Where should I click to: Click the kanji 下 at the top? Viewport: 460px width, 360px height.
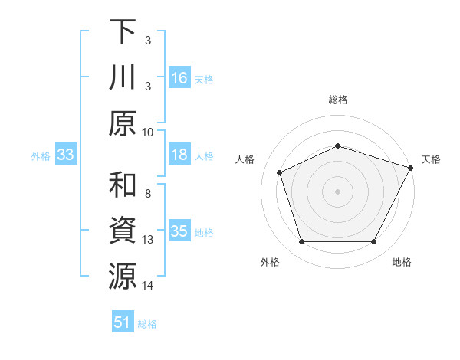click(x=123, y=32)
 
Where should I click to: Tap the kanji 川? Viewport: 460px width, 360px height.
click(x=123, y=79)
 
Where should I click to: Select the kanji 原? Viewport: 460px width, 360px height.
click(x=123, y=124)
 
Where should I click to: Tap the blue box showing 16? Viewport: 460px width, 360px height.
click(x=179, y=78)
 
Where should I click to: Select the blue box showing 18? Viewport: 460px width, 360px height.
click(x=179, y=155)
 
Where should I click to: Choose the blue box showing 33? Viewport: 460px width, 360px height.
click(x=66, y=155)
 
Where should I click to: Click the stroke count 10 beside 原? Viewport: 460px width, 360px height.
click(x=148, y=132)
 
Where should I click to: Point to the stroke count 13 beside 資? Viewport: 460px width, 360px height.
click(x=148, y=240)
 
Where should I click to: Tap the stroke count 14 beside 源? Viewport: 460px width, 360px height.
click(x=148, y=286)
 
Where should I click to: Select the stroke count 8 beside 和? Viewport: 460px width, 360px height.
click(x=148, y=193)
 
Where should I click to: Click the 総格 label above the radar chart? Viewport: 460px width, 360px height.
click(x=337, y=100)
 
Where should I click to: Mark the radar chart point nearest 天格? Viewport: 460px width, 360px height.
click(x=411, y=168)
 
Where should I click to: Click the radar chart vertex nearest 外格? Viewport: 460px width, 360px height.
click(x=301, y=242)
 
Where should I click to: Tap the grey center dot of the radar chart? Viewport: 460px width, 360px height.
click(x=337, y=191)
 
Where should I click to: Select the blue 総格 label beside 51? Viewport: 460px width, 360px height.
click(x=147, y=324)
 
